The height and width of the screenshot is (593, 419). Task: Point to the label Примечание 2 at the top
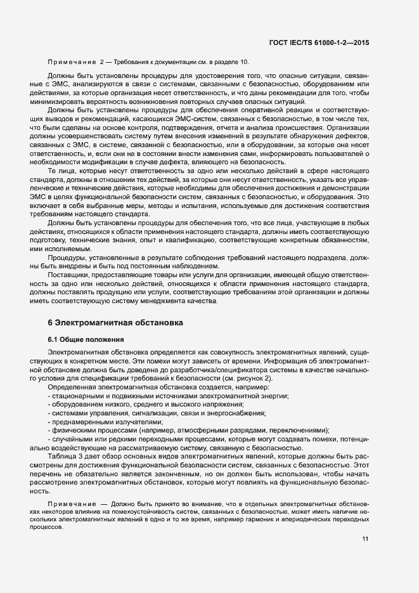coord(75,62)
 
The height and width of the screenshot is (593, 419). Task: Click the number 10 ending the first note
coord(245,62)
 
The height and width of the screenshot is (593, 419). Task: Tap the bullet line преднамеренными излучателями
coord(105,422)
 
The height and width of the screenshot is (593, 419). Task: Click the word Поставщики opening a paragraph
coord(68,275)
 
